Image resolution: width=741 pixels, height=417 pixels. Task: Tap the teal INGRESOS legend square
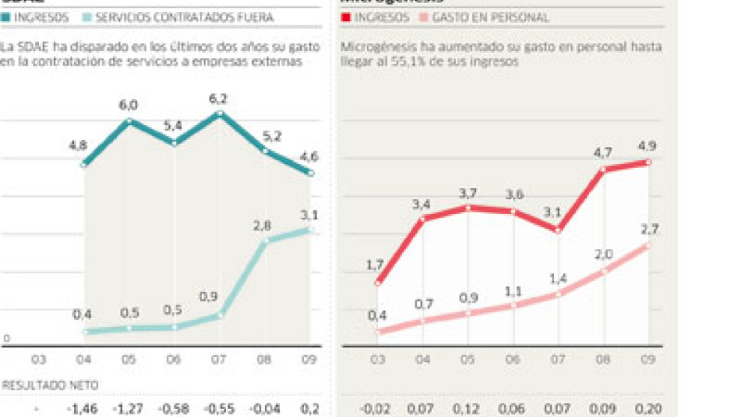(x=6, y=16)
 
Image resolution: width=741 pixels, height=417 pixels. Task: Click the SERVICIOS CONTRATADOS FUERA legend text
(x=183, y=16)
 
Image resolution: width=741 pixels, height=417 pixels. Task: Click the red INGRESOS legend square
(x=346, y=16)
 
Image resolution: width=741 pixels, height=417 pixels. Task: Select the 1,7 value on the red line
(x=377, y=264)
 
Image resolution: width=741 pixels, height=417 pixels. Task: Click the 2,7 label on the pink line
(x=647, y=228)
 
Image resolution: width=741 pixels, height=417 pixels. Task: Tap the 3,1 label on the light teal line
(x=310, y=215)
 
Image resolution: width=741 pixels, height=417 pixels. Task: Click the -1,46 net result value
(x=82, y=409)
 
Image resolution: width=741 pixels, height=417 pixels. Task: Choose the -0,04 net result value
(x=266, y=409)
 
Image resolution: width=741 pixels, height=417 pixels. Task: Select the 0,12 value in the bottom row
(x=468, y=409)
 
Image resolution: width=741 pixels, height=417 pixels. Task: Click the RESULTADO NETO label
(x=52, y=385)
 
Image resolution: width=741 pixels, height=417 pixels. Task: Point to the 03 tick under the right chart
(x=377, y=360)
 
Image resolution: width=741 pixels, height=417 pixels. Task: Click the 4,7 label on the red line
(x=603, y=153)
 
